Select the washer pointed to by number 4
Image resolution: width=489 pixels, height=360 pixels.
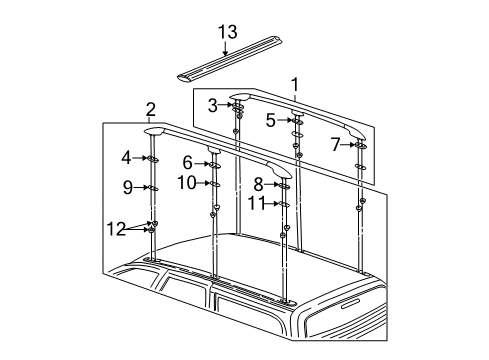click(x=154, y=158)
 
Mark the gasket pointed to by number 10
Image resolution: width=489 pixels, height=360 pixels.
click(x=215, y=184)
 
